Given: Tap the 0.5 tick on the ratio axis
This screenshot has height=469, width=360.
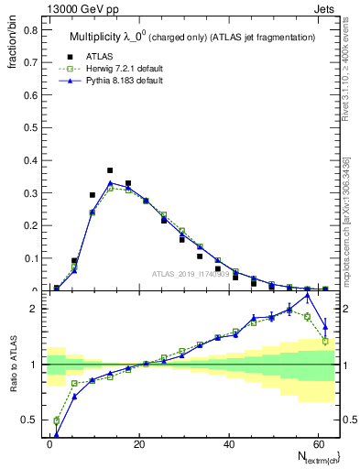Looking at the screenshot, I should coord(31,420).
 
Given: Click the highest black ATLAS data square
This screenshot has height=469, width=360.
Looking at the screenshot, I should coord(110,170).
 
